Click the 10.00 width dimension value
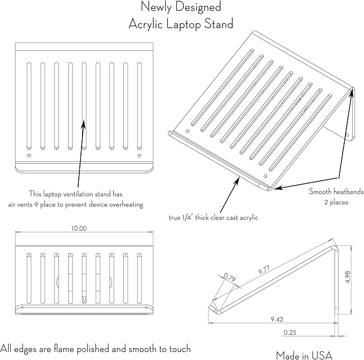79,228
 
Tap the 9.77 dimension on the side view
263,271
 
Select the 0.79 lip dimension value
229,277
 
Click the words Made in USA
304,354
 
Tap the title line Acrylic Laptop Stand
181,24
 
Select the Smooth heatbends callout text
336,192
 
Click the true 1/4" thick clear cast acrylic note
213,217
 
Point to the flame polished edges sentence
95,348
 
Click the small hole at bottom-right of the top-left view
140,156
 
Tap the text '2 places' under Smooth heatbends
337,202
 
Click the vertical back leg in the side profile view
337,279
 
